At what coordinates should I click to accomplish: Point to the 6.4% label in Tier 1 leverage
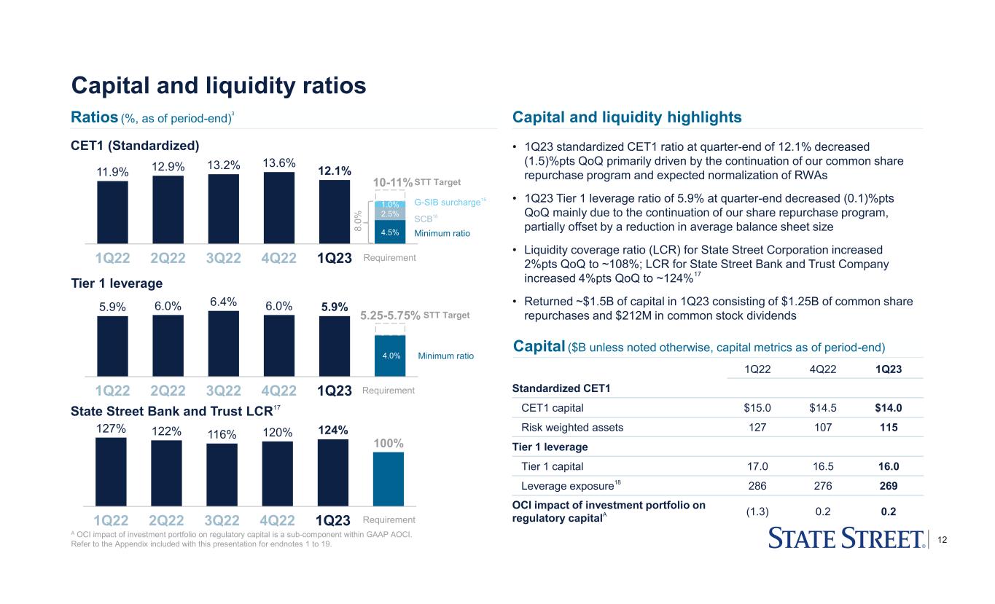(223, 301)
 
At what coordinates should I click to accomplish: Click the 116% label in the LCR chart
(222, 434)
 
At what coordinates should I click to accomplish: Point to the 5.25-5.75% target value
(390, 315)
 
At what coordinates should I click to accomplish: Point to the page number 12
(945, 538)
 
